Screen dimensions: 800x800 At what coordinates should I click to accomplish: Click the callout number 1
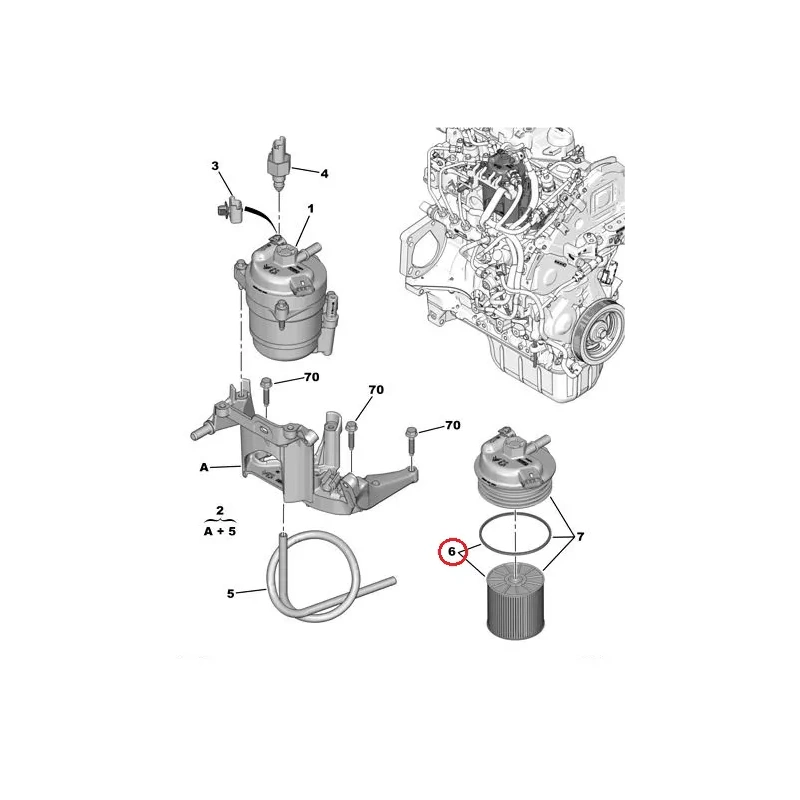point(310,209)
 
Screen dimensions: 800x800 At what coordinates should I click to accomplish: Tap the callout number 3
point(215,166)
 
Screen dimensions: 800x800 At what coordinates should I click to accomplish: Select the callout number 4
point(324,174)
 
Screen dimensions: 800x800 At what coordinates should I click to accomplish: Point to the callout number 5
point(231,594)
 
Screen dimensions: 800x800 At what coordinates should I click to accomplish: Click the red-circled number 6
point(452,552)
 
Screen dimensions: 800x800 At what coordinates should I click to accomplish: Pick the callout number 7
point(580,537)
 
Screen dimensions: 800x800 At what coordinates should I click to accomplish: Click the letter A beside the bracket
point(204,467)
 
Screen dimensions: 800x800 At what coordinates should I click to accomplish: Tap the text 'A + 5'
point(220,531)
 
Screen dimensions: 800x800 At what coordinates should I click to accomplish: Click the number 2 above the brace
point(220,510)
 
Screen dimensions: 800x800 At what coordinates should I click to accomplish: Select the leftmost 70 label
point(311,377)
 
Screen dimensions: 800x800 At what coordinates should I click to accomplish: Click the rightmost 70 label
point(453,425)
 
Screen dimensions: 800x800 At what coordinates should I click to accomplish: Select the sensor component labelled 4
point(278,163)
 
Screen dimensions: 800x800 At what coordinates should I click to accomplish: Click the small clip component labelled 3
point(227,209)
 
